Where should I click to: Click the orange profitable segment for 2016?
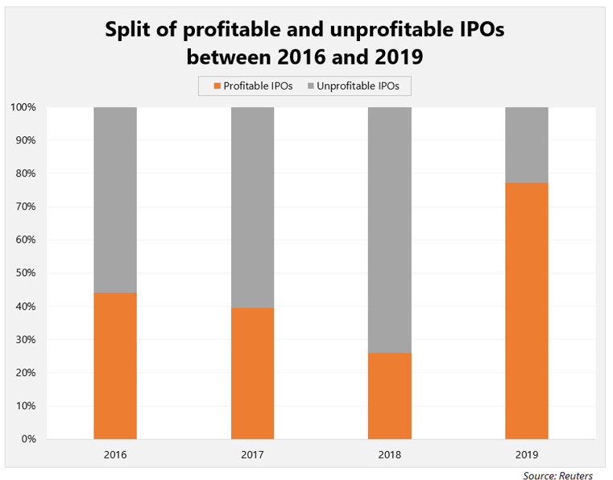[115, 365]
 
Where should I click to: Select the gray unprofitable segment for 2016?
[115, 199]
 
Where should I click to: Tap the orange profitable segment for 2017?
[252, 373]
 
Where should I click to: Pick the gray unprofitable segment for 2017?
[252, 207]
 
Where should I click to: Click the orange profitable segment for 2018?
[389, 395]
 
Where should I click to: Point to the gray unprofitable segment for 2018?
[389, 229]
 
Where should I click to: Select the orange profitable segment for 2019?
[527, 311]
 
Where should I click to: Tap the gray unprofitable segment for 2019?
[527, 144]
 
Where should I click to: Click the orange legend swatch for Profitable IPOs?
[215, 86]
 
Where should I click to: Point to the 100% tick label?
[23, 107]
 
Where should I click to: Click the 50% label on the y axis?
[25, 273]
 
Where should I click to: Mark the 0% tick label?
[27, 439]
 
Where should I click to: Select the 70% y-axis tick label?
[25, 207]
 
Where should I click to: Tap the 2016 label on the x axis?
[115, 455]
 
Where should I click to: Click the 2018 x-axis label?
[389, 455]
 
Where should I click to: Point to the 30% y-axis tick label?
[25, 340]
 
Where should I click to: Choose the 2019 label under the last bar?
[527, 455]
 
